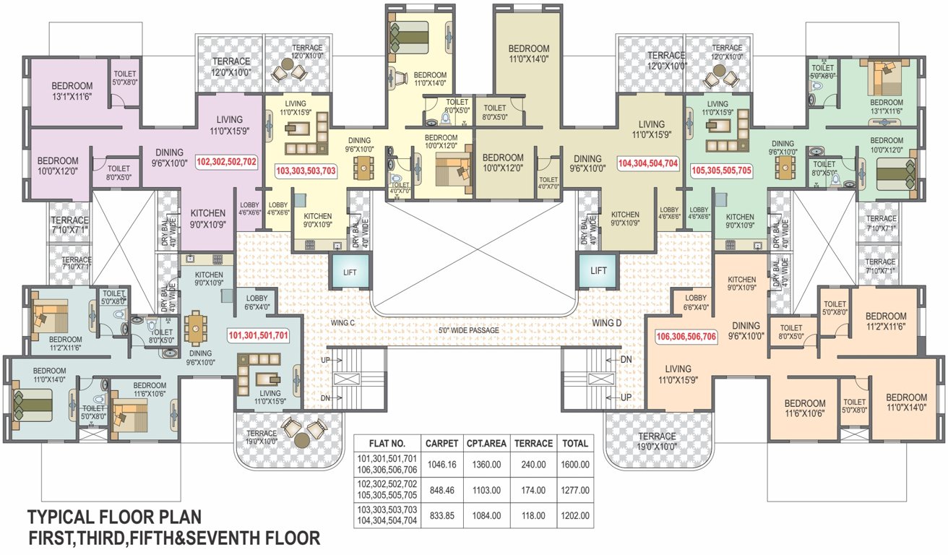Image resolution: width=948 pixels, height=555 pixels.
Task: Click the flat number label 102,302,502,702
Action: pos(225,163)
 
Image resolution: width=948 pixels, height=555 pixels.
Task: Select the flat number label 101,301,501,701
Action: pos(259,335)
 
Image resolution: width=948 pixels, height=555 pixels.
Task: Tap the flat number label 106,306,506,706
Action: pos(686,337)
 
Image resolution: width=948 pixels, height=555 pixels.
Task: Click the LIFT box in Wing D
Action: pos(598,270)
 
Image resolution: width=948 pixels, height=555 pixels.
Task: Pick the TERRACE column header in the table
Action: pos(535,443)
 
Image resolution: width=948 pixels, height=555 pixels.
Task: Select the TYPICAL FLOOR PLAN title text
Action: pos(114,517)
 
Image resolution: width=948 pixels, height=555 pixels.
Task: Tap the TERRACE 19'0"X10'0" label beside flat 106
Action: pos(657,441)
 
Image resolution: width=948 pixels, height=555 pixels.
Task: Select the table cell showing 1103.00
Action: pos(486,490)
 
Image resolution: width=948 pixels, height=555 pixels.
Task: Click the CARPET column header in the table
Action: pos(441,443)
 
